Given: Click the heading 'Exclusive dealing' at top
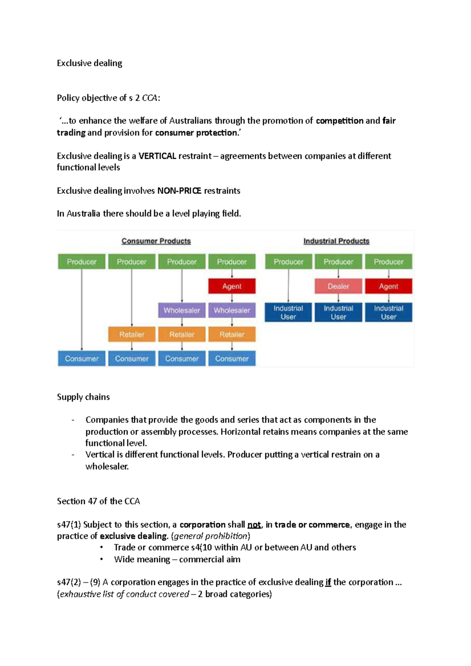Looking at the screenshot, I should coord(89,63).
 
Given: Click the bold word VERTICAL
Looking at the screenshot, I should coord(157,156).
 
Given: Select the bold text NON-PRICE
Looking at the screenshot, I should coord(179,191).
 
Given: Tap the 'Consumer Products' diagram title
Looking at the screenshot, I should coord(156,241).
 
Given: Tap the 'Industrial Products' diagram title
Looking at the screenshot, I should coord(336,241).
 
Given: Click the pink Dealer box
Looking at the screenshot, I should coord(338,286).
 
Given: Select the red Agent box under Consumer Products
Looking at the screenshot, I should coord(232,286).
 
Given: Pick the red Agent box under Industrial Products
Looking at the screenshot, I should coord(388,286).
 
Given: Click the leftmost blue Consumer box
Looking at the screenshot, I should coord(82,358).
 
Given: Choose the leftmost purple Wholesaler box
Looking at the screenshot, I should coord(182,310).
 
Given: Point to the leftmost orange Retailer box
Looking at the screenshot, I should coord(132,335).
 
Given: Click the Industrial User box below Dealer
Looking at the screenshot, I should coord(338,313).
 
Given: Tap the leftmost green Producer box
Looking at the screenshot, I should coord(82,262).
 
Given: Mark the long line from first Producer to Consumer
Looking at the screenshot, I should coord(82,310).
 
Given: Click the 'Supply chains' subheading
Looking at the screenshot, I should coord(83,397).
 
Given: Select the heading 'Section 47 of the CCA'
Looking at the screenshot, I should coord(98,501).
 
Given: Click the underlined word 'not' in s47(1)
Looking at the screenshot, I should coord(254,525).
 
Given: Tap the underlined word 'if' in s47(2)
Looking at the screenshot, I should coord(328,582).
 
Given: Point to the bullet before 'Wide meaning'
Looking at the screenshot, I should coord(101,559).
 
